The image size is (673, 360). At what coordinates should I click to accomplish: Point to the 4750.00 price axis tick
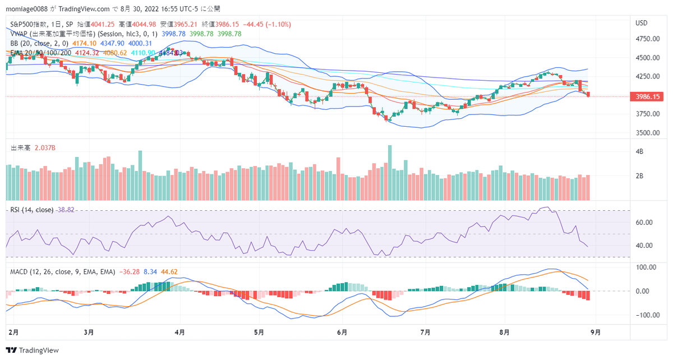click(x=647, y=39)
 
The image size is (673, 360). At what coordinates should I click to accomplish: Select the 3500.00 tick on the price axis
click(x=647, y=133)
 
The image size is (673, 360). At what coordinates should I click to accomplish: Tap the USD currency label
click(x=642, y=24)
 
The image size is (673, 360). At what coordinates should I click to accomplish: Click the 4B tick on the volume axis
click(x=639, y=152)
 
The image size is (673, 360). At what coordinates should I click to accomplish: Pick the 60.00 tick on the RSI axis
click(x=644, y=222)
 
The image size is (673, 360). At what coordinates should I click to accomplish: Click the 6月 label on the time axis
click(x=342, y=332)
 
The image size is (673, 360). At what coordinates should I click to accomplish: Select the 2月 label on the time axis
click(x=13, y=332)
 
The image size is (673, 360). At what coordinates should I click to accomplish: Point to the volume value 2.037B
click(x=45, y=147)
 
